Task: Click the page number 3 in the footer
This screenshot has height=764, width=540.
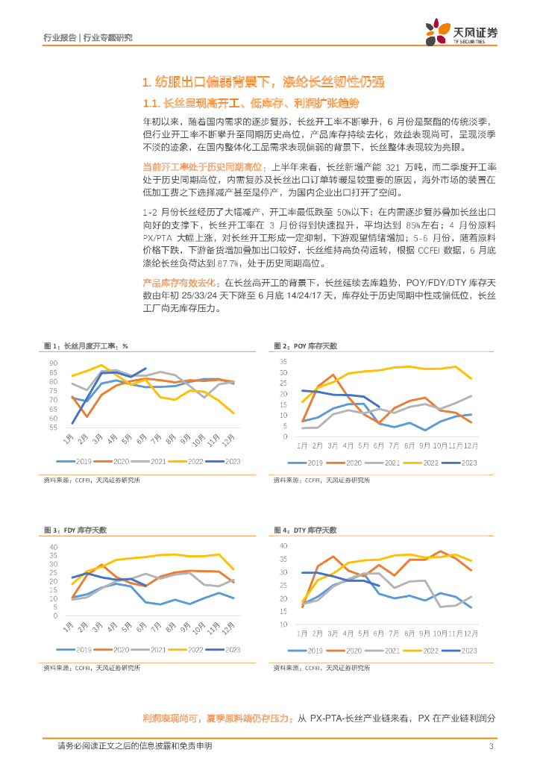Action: click(x=491, y=745)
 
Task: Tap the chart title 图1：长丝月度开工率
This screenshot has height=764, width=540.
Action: click(x=87, y=345)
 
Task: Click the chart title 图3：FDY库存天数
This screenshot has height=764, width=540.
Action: click(x=76, y=530)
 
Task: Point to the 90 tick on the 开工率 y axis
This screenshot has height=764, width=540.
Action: click(x=53, y=363)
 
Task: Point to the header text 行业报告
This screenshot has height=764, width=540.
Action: click(x=56, y=37)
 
